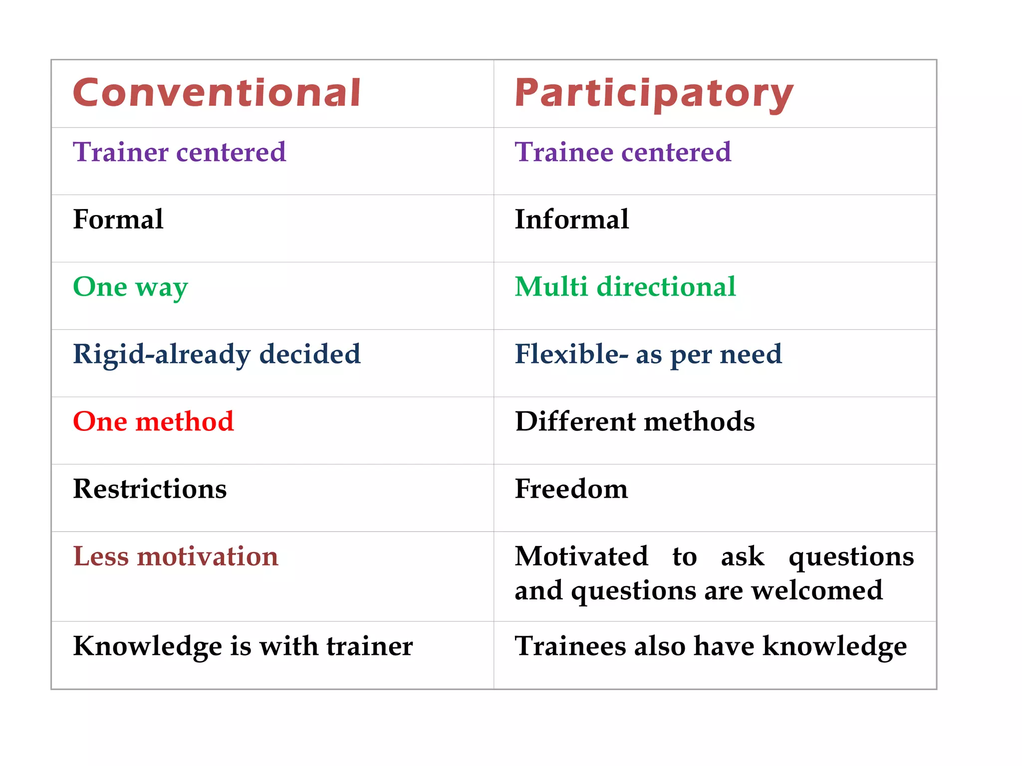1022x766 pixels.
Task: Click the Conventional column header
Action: pyautogui.click(x=217, y=93)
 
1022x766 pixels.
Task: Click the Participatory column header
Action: pyautogui.click(x=654, y=94)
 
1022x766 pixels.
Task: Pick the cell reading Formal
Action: pyautogui.click(x=118, y=219)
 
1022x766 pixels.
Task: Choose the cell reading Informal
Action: pyautogui.click(x=571, y=219)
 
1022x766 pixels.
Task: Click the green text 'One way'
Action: pyautogui.click(x=130, y=287)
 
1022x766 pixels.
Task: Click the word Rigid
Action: pyautogui.click(x=107, y=355)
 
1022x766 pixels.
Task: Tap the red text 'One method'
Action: pyautogui.click(x=153, y=421)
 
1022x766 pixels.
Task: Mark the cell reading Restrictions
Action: pyautogui.click(x=150, y=489)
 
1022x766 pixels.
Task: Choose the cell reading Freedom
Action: pyautogui.click(x=571, y=489)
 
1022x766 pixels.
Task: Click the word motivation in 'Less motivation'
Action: pyautogui.click(x=208, y=557)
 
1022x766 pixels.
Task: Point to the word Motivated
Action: pyautogui.click(x=581, y=557)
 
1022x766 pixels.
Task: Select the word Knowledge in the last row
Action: pyautogui.click(x=147, y=647)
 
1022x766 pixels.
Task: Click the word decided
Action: pyautogui.click(x=310, y=354)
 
